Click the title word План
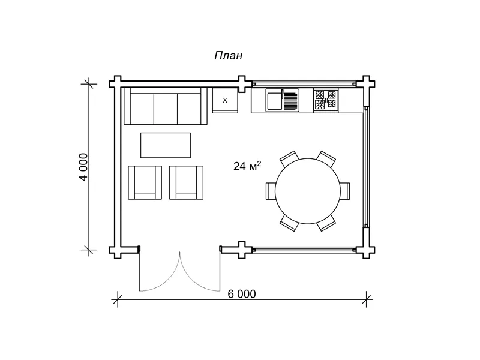(x=229, y=56)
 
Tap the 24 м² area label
(x=247, y=166)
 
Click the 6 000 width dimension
(x=242, y=294)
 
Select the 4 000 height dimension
(x=83, y=167)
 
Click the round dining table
(x=308, y=191)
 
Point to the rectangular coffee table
(x=166, y=145)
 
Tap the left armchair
(x=145, y=183)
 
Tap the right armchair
(x=187, y=183)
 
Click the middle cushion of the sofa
(x=166, y=109)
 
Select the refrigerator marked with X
(x=226, y=100)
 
